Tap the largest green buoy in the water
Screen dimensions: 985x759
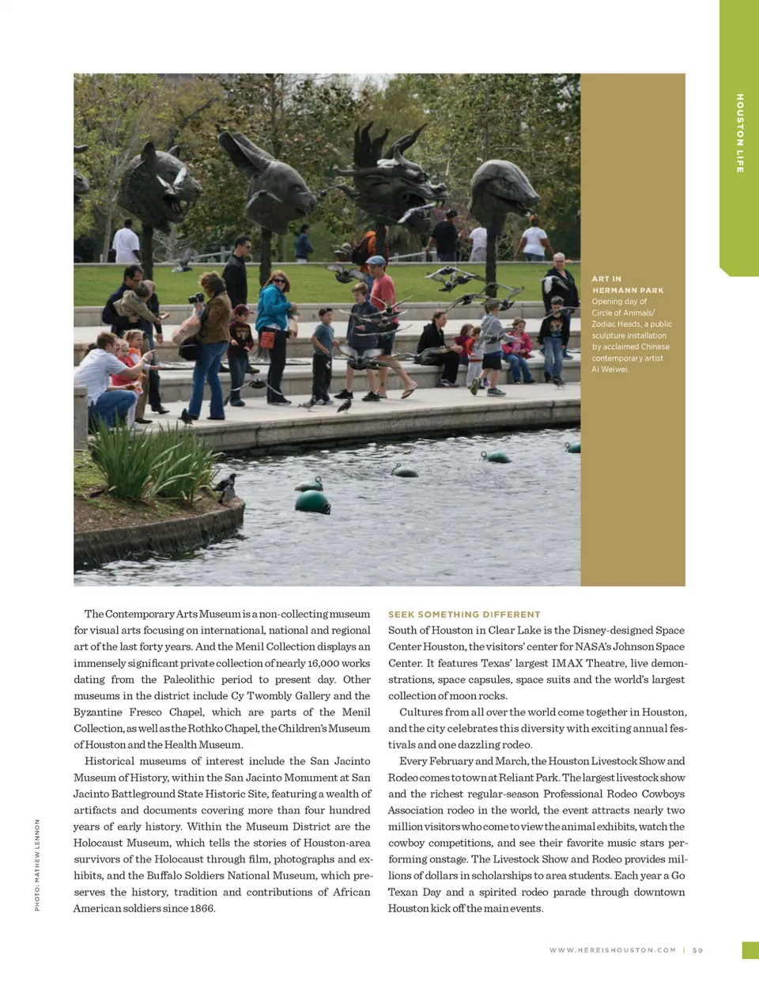click(x=312, y=501)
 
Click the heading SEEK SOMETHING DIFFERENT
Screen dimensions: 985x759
click(x=464, y=614)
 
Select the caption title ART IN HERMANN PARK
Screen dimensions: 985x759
click(x=628, y=285)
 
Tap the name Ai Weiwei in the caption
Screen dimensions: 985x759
click(x=610, y=369)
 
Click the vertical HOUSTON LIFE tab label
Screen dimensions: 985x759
click(x=740, y=133)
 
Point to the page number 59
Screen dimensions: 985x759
click(x=697, y=950)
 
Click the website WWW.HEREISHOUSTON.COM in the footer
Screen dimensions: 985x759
click(x=613, y=950)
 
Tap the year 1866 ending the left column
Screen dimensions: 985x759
click(x=201, y=908)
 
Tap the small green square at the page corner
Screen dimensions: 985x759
click(x=750, y=950)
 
